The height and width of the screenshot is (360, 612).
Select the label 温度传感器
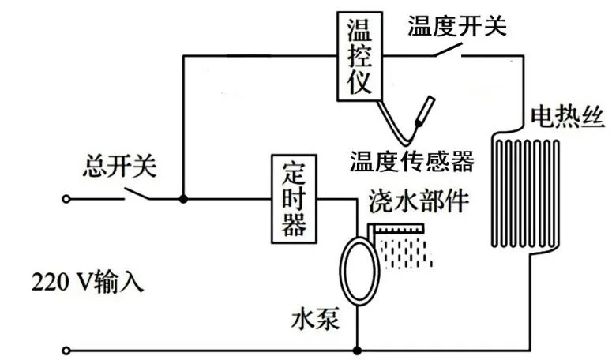(x=412, y=161)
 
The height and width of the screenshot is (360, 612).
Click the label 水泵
(x=314, y=322)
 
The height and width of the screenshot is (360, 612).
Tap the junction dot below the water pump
(x=358, y=350)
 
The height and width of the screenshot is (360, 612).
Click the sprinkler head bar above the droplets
(x=399, y=229)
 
